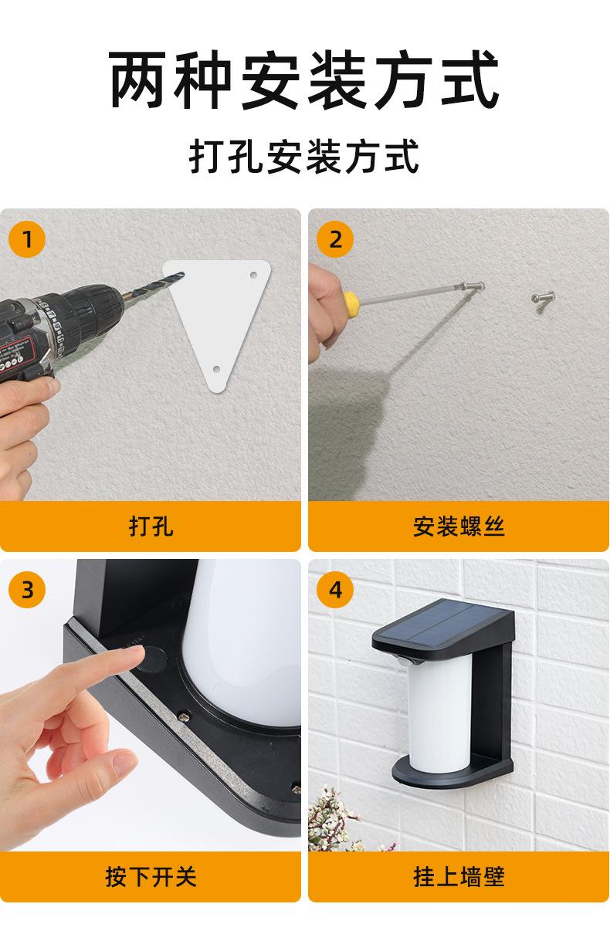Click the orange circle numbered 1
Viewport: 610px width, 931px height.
click(27, 239)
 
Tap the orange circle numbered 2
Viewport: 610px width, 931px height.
click(335, 239)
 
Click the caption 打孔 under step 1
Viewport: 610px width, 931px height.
click(151, 526)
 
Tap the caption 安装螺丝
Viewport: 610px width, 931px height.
click(459, 526)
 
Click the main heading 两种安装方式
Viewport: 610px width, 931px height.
click(304, 80)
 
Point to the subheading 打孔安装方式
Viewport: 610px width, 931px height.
click(304, 156)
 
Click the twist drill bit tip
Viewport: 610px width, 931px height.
click(183, 273)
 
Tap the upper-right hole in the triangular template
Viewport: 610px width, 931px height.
click(253, 275)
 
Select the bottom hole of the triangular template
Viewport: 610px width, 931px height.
click(216, 369)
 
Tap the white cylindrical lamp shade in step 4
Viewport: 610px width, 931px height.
click(440, 712)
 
